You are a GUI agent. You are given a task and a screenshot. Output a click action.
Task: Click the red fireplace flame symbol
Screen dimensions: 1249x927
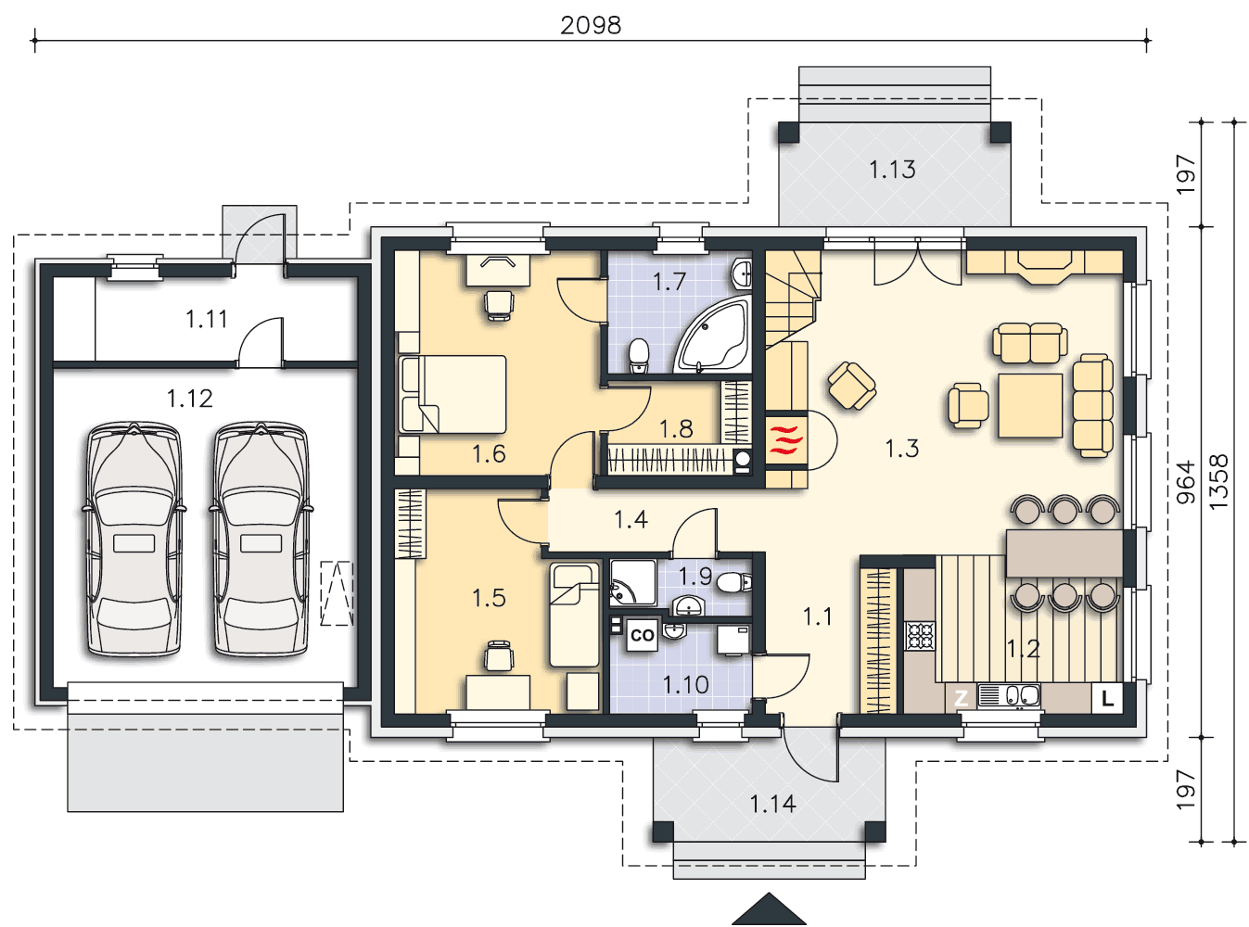click(x=786, y=439)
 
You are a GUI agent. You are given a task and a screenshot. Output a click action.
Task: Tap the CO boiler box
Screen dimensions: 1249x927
click(x=642, y=635)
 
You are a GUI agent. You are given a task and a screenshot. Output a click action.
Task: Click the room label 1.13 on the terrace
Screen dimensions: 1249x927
click(x=892, y=169)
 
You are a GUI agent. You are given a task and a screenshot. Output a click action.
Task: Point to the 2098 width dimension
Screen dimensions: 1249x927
click(x=591, y=25)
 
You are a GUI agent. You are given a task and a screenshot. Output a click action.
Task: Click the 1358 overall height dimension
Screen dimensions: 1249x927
click(x=1219, y=481)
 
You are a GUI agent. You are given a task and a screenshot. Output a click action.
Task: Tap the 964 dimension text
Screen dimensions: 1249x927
click(x=1185, y=482)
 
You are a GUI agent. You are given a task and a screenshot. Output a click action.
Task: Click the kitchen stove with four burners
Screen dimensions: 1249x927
click(x=920, y=636)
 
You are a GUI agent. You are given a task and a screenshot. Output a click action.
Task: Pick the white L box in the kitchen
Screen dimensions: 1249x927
click(x=1107, y=698)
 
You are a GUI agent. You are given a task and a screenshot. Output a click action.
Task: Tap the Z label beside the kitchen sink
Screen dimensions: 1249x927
click(x=961, y=698)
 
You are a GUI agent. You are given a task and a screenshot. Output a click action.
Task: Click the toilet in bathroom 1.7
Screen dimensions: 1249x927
click(x=638, y=355)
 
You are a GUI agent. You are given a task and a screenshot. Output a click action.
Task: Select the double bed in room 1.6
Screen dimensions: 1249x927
click(x=452, y=394)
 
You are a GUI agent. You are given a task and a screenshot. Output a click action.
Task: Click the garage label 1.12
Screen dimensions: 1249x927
click(x=190, y=399)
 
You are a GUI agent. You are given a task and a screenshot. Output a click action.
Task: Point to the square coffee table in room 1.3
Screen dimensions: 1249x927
click(x=1030, y=405)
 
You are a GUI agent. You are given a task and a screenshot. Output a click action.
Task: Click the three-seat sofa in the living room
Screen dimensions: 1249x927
click(x=1092, y=405)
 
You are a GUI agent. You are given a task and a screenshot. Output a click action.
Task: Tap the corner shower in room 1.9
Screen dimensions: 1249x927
click(x=633, y=582)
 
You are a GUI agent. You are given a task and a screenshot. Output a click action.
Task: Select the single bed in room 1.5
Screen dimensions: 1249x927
click(x=574, y=615)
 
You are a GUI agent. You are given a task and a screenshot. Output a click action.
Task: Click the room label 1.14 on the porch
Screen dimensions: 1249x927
click(x=772, y=805)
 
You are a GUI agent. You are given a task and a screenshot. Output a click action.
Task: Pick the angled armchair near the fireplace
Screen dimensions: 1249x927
click(x=852, y=386)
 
